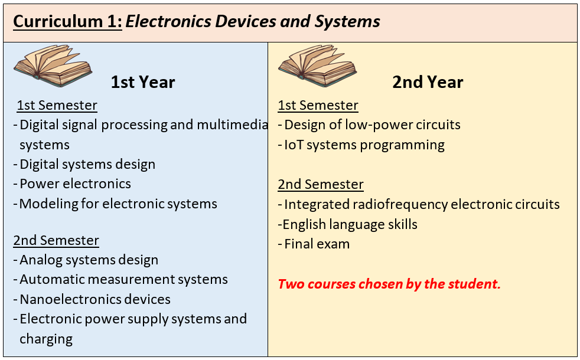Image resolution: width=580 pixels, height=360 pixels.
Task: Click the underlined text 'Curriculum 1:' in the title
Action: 67,21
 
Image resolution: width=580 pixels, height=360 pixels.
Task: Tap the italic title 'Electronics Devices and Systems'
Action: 253,21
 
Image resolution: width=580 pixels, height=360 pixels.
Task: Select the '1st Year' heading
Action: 143,82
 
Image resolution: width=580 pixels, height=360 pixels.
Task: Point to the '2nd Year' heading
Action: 428,82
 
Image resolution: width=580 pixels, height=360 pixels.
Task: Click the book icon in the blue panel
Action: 53,66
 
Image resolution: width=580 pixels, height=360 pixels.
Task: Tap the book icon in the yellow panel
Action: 318,66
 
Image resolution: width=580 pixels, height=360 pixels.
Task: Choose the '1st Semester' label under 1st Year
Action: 57,105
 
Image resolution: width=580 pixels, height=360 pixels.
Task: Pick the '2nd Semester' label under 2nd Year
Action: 321,185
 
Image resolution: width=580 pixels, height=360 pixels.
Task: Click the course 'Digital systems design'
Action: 87,165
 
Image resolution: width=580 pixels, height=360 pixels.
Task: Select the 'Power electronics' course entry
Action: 75,184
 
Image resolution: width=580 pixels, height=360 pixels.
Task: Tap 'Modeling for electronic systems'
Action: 118,204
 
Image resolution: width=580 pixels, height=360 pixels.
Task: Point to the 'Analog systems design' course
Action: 89,260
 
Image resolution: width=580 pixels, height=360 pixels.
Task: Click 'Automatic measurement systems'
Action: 123,279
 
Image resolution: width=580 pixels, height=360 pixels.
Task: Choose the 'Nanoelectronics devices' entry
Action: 95,299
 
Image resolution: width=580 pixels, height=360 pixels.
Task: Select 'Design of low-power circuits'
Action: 372,125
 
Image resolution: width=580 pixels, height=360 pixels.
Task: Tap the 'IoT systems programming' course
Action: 364,145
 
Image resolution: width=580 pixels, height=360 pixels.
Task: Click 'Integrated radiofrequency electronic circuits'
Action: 422,204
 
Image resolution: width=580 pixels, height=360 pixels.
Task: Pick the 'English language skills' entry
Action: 350,224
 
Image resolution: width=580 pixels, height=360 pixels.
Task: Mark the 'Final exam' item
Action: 317,244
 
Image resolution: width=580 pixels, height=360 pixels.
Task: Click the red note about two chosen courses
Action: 389,284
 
